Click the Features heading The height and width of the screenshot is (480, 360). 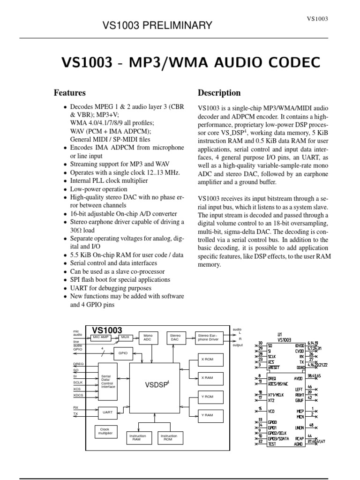point(69,93)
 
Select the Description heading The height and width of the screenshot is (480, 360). point(219,93)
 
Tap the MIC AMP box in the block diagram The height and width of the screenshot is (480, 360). point(101,337)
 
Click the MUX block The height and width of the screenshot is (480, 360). point(125,337)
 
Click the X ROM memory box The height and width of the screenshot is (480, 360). point(207,359)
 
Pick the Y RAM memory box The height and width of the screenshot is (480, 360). point(207,415)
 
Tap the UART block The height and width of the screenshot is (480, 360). point(107,412)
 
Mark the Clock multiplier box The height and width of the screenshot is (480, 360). point(105,432)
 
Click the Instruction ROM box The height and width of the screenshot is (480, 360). point(169,437)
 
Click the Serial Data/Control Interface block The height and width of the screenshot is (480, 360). point(107,381)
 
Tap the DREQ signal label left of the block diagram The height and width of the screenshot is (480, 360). point(78,364)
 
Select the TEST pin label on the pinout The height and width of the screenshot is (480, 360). point(271,443)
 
